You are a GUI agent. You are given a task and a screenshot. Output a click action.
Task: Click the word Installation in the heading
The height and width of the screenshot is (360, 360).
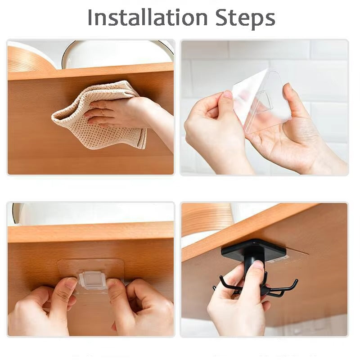141,18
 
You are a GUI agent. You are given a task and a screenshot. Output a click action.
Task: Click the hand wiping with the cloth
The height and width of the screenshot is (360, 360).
121,112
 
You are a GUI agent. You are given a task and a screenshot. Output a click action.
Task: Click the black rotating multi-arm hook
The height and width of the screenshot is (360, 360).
256,281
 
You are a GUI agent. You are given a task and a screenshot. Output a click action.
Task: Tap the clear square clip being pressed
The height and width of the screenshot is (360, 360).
93,280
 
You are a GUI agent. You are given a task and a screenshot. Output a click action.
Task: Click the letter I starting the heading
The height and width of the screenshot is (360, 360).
90,18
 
